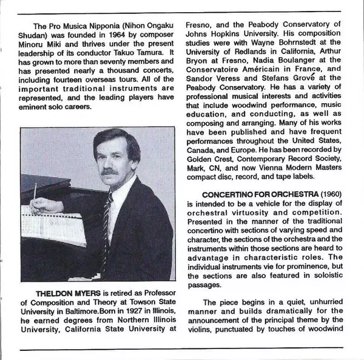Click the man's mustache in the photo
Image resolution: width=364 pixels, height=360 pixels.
(109, 172)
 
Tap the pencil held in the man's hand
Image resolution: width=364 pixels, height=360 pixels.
(35, 197)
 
